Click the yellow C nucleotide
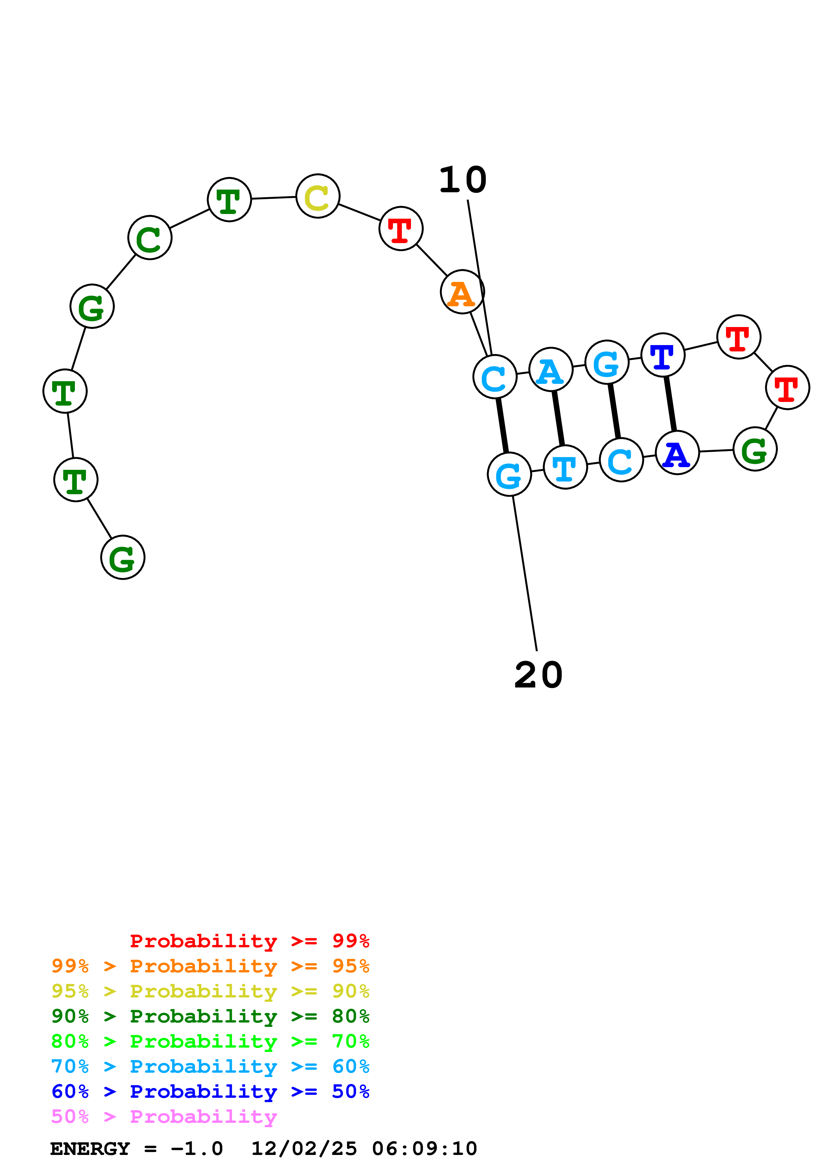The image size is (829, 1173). click(318, 196)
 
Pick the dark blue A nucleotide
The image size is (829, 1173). click(677, 453)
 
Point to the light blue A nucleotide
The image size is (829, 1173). click(551, 369)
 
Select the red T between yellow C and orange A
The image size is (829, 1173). click(401, 228)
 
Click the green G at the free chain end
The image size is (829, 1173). click(123, 557)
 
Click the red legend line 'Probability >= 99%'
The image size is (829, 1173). click(249, 941)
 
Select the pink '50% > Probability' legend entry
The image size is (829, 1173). click(164, 1116)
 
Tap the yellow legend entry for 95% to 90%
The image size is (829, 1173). click(210, 991)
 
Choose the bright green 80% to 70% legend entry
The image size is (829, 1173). click(210, 1041)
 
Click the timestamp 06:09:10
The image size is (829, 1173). click(424, 1149)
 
